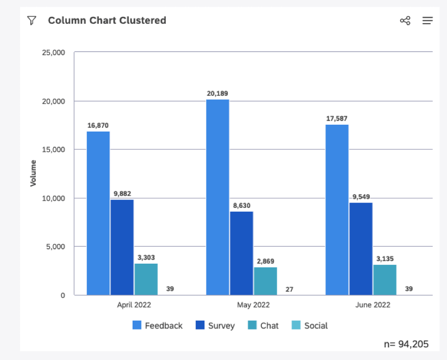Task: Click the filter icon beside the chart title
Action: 32,21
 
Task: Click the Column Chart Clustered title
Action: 107,21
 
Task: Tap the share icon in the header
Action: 405,21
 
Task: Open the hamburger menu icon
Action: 428,21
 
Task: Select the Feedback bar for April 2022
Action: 98,213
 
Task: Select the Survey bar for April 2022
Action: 122,247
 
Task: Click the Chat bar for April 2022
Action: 146,279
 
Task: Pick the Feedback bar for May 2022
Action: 218,197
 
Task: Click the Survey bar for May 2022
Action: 241,253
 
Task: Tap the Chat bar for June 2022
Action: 385,279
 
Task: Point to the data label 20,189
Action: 218,94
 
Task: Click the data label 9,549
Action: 361,197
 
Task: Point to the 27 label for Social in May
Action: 289,289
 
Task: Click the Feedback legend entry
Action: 158,326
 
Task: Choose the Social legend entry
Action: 310,326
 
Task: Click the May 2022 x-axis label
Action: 253,305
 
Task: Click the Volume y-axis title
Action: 34,173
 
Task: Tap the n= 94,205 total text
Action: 407,344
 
